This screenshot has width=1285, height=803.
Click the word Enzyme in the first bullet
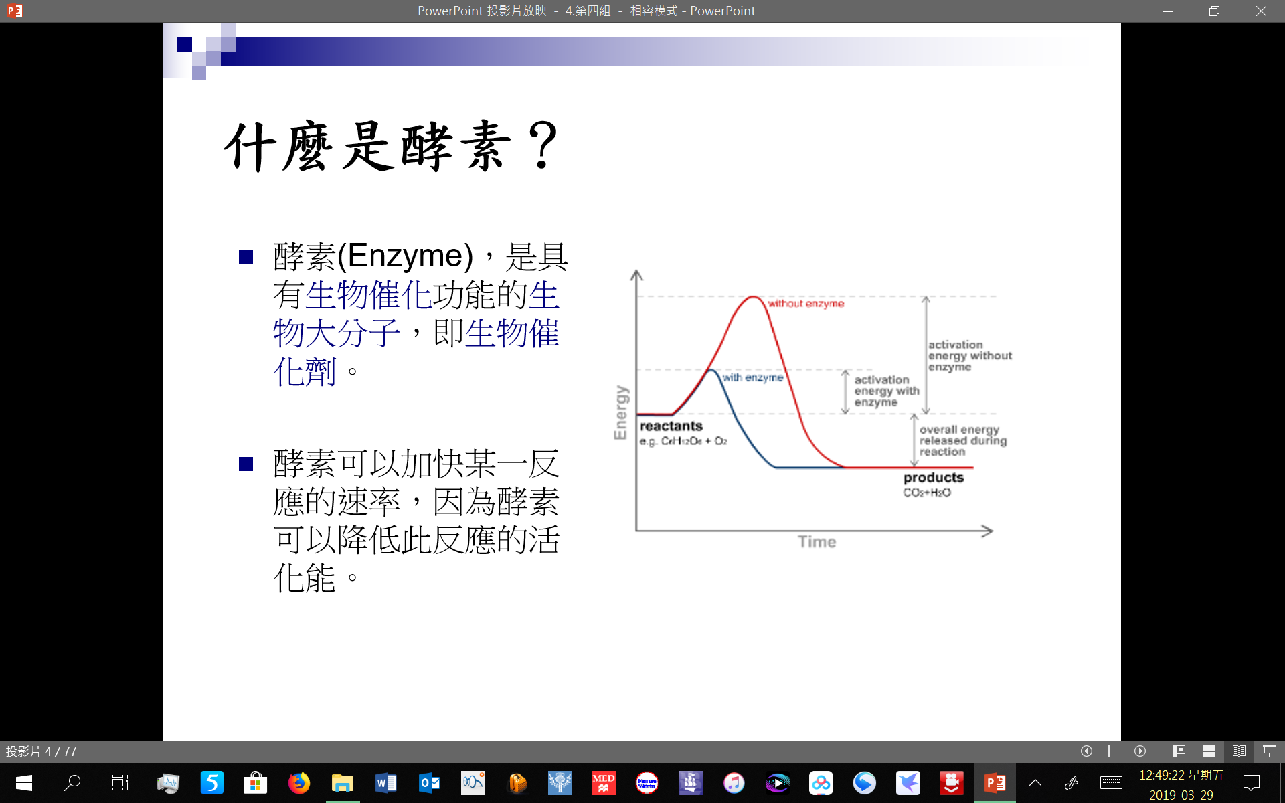pyautogui.click(x=406, y=256)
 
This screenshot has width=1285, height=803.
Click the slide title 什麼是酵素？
pyautogui.click(x=392, y=147)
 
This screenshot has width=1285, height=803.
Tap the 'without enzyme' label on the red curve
pyautogui.click(x=806, y=304)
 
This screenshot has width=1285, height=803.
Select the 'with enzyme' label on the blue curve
pyautogui.click(x=753, y=377)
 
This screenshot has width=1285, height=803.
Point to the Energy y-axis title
pyautogui.click(x=620, y=412)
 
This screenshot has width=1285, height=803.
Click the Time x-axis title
pyautogui.click(x=817, y=541)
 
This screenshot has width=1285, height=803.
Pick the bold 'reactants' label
pyautogui.click(x=671, y=426)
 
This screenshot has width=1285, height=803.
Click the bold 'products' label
pyautogui.click(x=934, y=478)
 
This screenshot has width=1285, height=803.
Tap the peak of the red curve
pyautogui.click(x=754, y=296)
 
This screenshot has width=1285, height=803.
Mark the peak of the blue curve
pyautogui.click(x=712, y=369)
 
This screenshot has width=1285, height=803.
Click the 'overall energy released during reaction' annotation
pyautogui.click(x=963, y=440)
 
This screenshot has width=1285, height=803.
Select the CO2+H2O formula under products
pyautogui.click(x=927, y=493)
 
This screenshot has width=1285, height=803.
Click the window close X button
pyautogui.click(x=1261, y=11)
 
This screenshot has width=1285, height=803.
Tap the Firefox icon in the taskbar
pyautogui.click(x=298, y=782)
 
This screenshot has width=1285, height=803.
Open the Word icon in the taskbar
pyautogui.click(x=386, y=782)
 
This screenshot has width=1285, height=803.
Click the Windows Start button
pyautogui.click(x=24, y=782)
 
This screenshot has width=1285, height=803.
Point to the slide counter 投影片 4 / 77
pyautogui.click(x=41, y=751)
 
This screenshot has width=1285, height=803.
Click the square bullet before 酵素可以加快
pyautogui.click(x=246, y=464)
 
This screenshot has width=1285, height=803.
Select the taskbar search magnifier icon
pyautogui.click(x=72, y=782)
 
